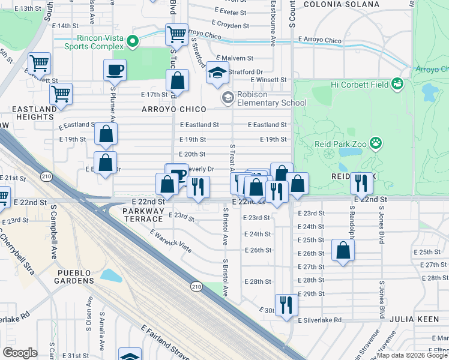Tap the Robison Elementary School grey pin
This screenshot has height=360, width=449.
click(x=228, y=97)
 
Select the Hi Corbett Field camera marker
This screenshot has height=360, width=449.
click(x=397, y=83)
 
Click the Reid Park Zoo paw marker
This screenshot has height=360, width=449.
click(x=375, y=143)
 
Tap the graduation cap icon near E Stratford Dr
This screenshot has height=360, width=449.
click(x=217, y=74)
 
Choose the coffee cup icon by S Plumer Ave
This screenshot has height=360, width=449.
click(x=115, y=70)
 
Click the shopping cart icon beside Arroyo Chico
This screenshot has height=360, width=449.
click(x=176, y=35)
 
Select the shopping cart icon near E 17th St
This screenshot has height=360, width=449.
click(x=61, y=94)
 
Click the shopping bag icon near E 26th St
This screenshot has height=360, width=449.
click(x=343, y=250)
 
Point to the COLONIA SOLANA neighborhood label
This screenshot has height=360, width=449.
click(x=341, y=4)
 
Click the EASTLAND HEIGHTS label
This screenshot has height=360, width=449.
click(x=32, y=113)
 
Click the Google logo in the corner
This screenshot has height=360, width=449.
click(x=20, y=352)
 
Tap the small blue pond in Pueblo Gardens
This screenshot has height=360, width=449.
click(x=111, y=275)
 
